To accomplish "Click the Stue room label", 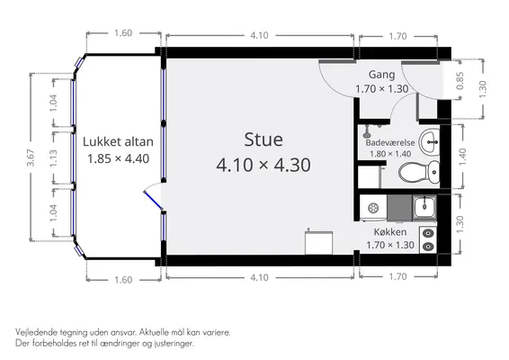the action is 263,139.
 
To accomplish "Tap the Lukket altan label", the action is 118,141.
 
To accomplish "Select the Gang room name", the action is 381,75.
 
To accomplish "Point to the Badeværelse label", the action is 390,142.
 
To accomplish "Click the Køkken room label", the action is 390,232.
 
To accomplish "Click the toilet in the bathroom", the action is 419,172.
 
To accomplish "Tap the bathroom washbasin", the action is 429,142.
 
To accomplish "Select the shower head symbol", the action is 367,131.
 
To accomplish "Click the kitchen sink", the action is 424,206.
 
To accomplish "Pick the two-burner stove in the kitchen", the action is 428,239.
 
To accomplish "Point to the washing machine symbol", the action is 373,208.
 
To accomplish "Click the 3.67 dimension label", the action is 31,157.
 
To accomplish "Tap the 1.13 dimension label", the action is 54,157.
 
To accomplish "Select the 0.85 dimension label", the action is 460,81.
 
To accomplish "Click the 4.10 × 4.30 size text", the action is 263,165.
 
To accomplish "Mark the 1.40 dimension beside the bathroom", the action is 462,157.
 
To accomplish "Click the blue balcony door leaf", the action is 153,201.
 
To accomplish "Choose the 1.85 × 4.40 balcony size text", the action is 118,158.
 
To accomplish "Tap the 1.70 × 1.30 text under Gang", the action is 381,89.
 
